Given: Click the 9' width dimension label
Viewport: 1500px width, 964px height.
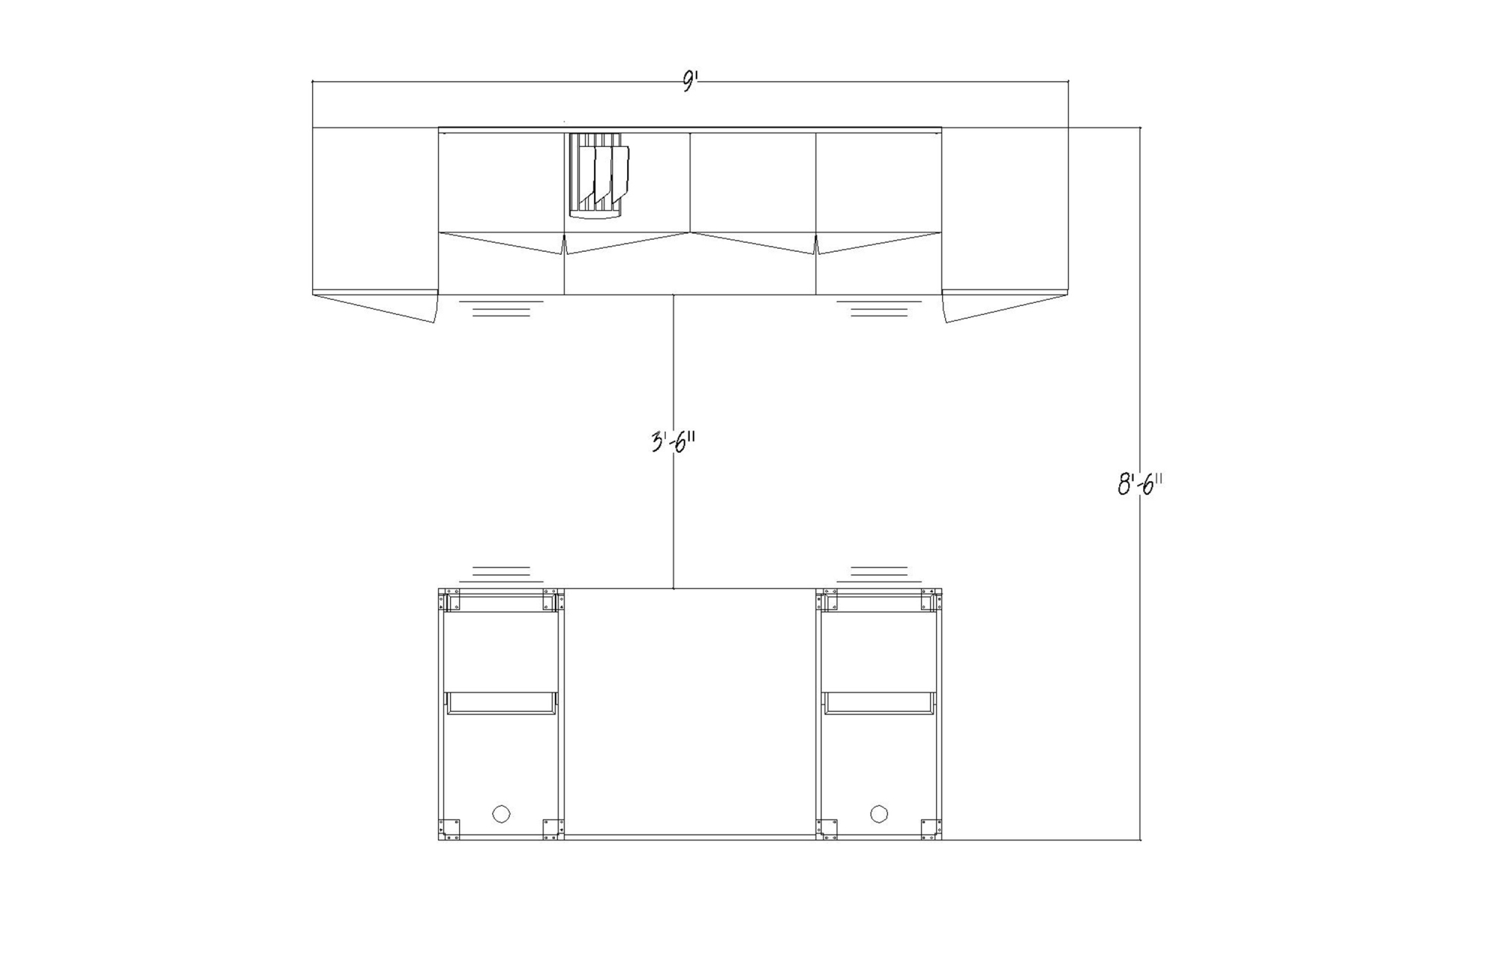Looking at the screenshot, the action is tap(689, 82).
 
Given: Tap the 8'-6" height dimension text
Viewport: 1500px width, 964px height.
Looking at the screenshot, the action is tap(1140, 484).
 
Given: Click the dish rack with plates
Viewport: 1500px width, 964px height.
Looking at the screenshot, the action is tap(598, 175).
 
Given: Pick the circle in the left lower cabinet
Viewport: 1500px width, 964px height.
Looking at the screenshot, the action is tap(501, 813).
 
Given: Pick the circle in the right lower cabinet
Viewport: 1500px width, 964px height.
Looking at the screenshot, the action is tap(879, 813).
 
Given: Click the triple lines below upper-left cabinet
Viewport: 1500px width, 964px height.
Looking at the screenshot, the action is tap(501, 309).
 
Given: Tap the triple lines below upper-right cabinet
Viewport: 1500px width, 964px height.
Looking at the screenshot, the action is tap(879, 309).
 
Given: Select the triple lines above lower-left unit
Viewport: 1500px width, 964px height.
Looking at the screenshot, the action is tap(501, 574).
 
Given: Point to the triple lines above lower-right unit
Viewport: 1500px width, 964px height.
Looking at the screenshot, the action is tap(879, 574).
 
